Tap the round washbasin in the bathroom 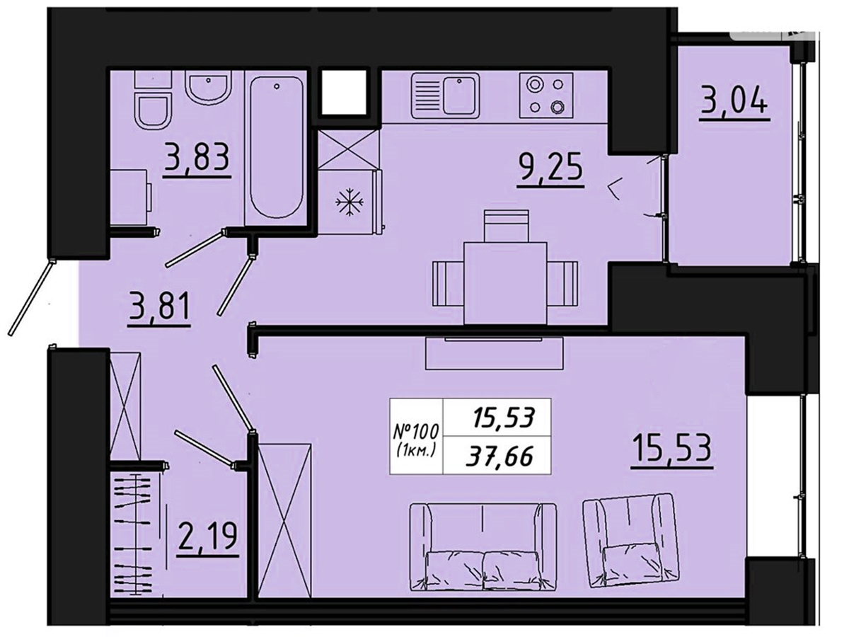pos(209,89)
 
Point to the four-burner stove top pos(545,96)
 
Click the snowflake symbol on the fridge pos(349,202)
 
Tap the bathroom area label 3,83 pos(197,157)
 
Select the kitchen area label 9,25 pos(550,170)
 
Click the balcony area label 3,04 pos(734,100)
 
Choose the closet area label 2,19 pos(208,538)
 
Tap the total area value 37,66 pos(499,457)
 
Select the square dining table pos(506,282)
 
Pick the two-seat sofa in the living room pos(483,557)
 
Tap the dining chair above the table pos(506,226)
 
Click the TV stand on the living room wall pos(494,353)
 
